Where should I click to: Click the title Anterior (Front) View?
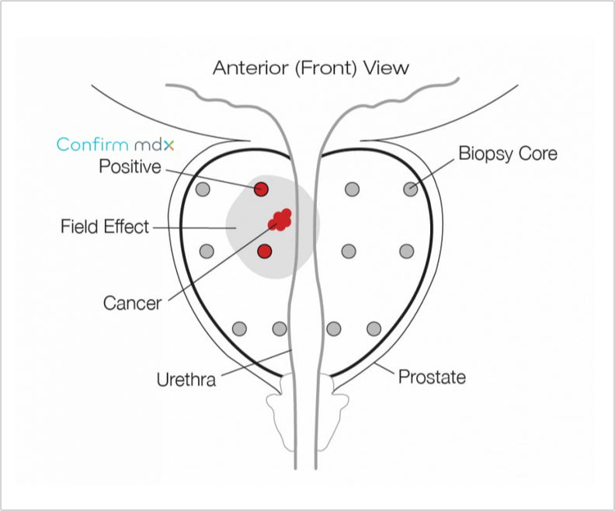point(311,68)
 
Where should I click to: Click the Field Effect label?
point(105,228)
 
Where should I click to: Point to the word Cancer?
point(132,303)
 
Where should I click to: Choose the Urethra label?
point(186,380)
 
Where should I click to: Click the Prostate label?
point(432,377)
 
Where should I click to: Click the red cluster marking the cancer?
point(280,220)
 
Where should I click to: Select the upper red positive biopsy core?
point(262,189)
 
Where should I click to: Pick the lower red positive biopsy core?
point(265,251)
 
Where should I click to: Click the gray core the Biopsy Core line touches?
point(410,189)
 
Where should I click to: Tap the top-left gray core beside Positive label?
point(203,189)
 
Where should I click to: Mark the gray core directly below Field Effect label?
point(207,251)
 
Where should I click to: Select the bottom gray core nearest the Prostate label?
point(374,328)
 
